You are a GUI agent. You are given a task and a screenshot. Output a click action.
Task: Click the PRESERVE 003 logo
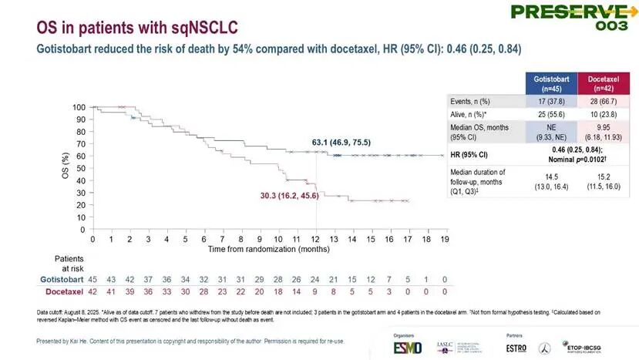[580, 15]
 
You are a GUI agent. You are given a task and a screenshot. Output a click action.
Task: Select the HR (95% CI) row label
[470, 152]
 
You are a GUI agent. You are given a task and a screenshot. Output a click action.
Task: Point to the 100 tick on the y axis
[79, 107]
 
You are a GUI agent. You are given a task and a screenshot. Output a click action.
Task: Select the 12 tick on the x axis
[318, 240]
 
